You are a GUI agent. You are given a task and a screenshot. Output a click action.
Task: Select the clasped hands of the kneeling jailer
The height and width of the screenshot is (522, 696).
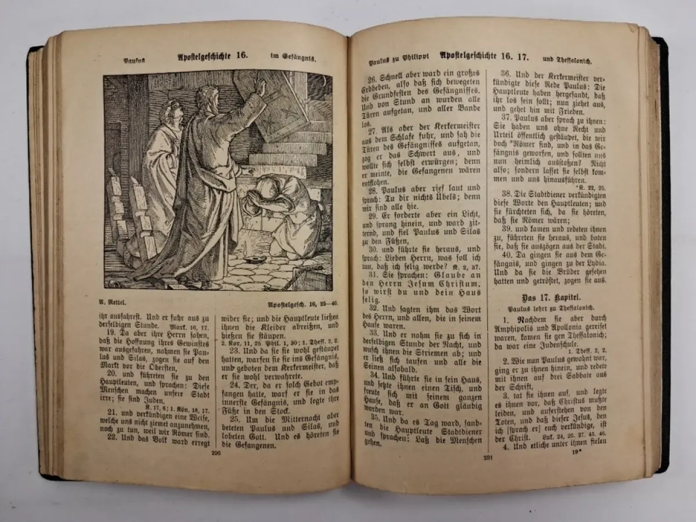(253, 200)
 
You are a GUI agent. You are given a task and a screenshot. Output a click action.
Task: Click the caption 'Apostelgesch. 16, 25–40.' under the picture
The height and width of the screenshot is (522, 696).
(299, 304)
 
